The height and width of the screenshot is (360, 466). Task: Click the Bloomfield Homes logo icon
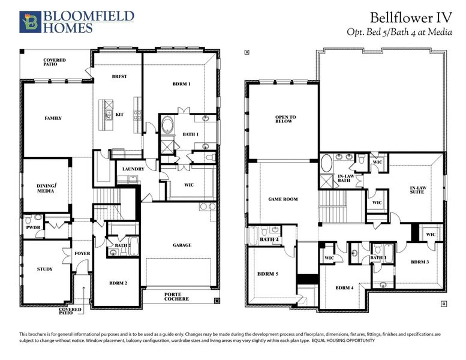tap(29, 22)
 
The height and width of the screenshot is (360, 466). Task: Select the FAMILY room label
tap(53, 118)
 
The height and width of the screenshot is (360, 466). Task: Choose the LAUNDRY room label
tap(133, 169)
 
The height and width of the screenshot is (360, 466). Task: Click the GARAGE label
tap(182, 245)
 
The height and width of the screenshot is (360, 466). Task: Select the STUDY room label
tap(44, 269)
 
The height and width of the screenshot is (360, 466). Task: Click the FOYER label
tap(82, 253)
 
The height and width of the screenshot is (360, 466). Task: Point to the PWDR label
tap(32, 228)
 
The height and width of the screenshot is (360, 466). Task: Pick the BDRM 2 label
tap(118, 283)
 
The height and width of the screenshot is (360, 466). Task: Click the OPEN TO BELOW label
tap(284, 119)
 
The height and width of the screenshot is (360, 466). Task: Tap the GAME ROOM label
tap(282, 199)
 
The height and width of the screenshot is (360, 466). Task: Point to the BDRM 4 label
tap(344, 288)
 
